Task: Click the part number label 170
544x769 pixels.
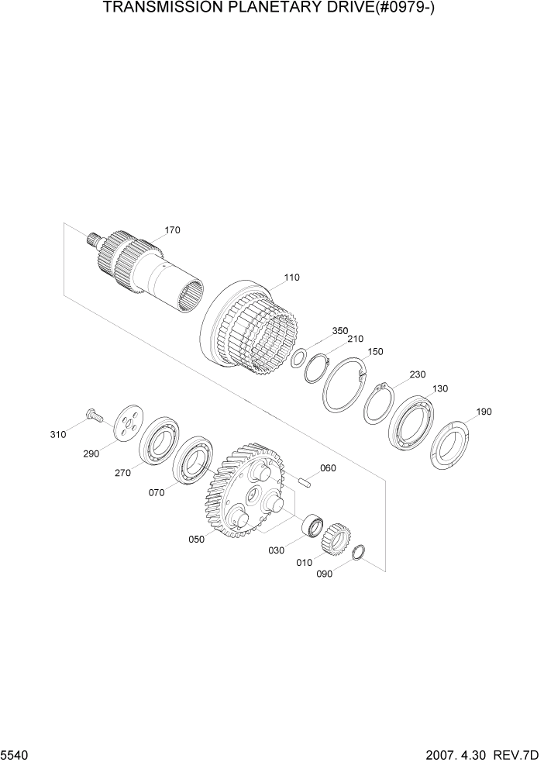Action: (x=172, y=230)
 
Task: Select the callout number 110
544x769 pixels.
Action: (x=291, y=277)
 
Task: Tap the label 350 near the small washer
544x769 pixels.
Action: (x=340, y=331)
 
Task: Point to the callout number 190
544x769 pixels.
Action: (x=484, y=412)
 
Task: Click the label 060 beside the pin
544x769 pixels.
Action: (x=328, y=467)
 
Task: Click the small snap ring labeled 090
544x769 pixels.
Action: (x=359, y=553)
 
